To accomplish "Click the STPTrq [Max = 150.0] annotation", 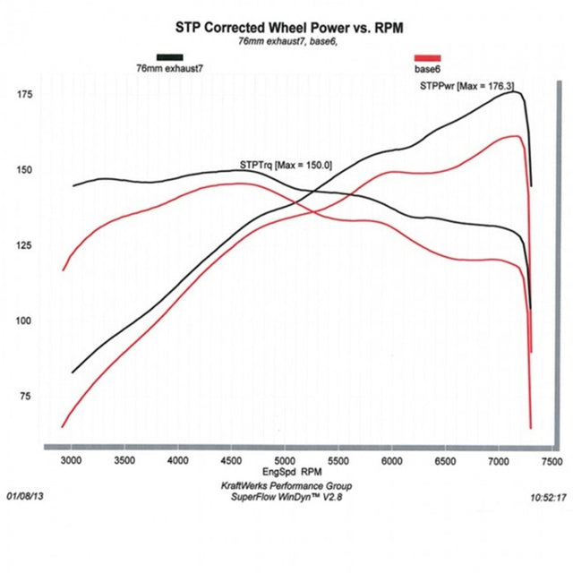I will [286, 165].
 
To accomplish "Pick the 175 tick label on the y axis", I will [24, 95].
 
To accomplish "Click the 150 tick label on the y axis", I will [24, 170].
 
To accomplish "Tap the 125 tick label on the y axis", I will [24, 245].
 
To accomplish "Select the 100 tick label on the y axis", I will [24, 321].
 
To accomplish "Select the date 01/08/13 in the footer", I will [26, 494].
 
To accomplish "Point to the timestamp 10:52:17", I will [547, 494].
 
